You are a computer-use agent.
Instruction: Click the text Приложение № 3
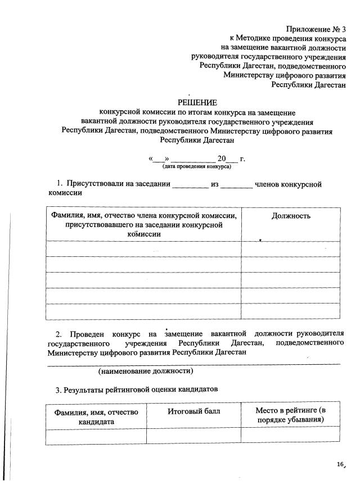pyautogui.click(x=316, y=29)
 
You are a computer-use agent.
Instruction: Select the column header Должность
pyautogui.click(x=291, y=216)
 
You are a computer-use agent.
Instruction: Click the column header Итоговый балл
pyautogui.click(x=193, y=411)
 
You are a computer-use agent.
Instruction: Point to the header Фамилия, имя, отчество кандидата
pyautogui.click(x=96, y=416)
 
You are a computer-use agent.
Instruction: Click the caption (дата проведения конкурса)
pyautogui.click(x=197, y=167)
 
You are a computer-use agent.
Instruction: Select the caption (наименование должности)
pyautogui.click(x=146, y=371)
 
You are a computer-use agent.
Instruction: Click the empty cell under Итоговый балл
pyautogui.click(x=193, y=436)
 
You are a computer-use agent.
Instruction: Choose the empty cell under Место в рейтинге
pyautogui.click(x=290, y=436)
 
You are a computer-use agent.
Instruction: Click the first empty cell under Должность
pyautogui.click(x=291, y=248)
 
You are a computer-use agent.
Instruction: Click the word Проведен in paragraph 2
pyautogui.click(x=88, y=333)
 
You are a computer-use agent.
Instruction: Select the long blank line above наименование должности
pyautogui.click(x=193, y=364)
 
